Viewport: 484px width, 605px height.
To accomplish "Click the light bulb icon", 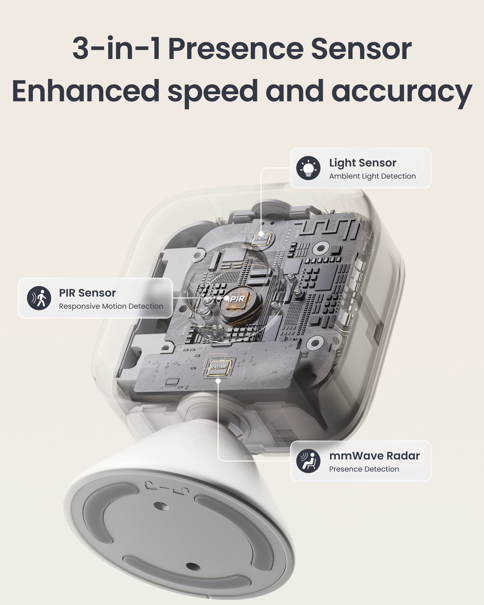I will (x=308, y=168).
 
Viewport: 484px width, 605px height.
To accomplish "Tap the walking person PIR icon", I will (x=39, y=298).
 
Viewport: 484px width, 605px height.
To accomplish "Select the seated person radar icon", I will (x=308, y=461).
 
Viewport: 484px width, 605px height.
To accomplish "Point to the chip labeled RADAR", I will (x=219, y=367).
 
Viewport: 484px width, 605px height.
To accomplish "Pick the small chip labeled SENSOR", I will (x=261, y=239).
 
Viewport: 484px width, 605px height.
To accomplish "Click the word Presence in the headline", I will (x=236, y=49).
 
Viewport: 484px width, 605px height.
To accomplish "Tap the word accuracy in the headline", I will (x=402, y=91).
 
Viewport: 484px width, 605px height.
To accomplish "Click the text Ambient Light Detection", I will (x=372, y=176).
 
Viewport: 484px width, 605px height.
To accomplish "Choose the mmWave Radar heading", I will (x=374, y=456).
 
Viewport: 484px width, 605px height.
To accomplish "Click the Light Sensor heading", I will (x=363, y=163).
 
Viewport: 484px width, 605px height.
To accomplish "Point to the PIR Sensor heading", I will (x=87, y=293).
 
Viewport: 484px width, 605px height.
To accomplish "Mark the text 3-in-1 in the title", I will (x=116, y=49).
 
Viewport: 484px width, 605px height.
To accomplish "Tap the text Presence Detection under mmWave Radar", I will (x=364, y=469).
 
